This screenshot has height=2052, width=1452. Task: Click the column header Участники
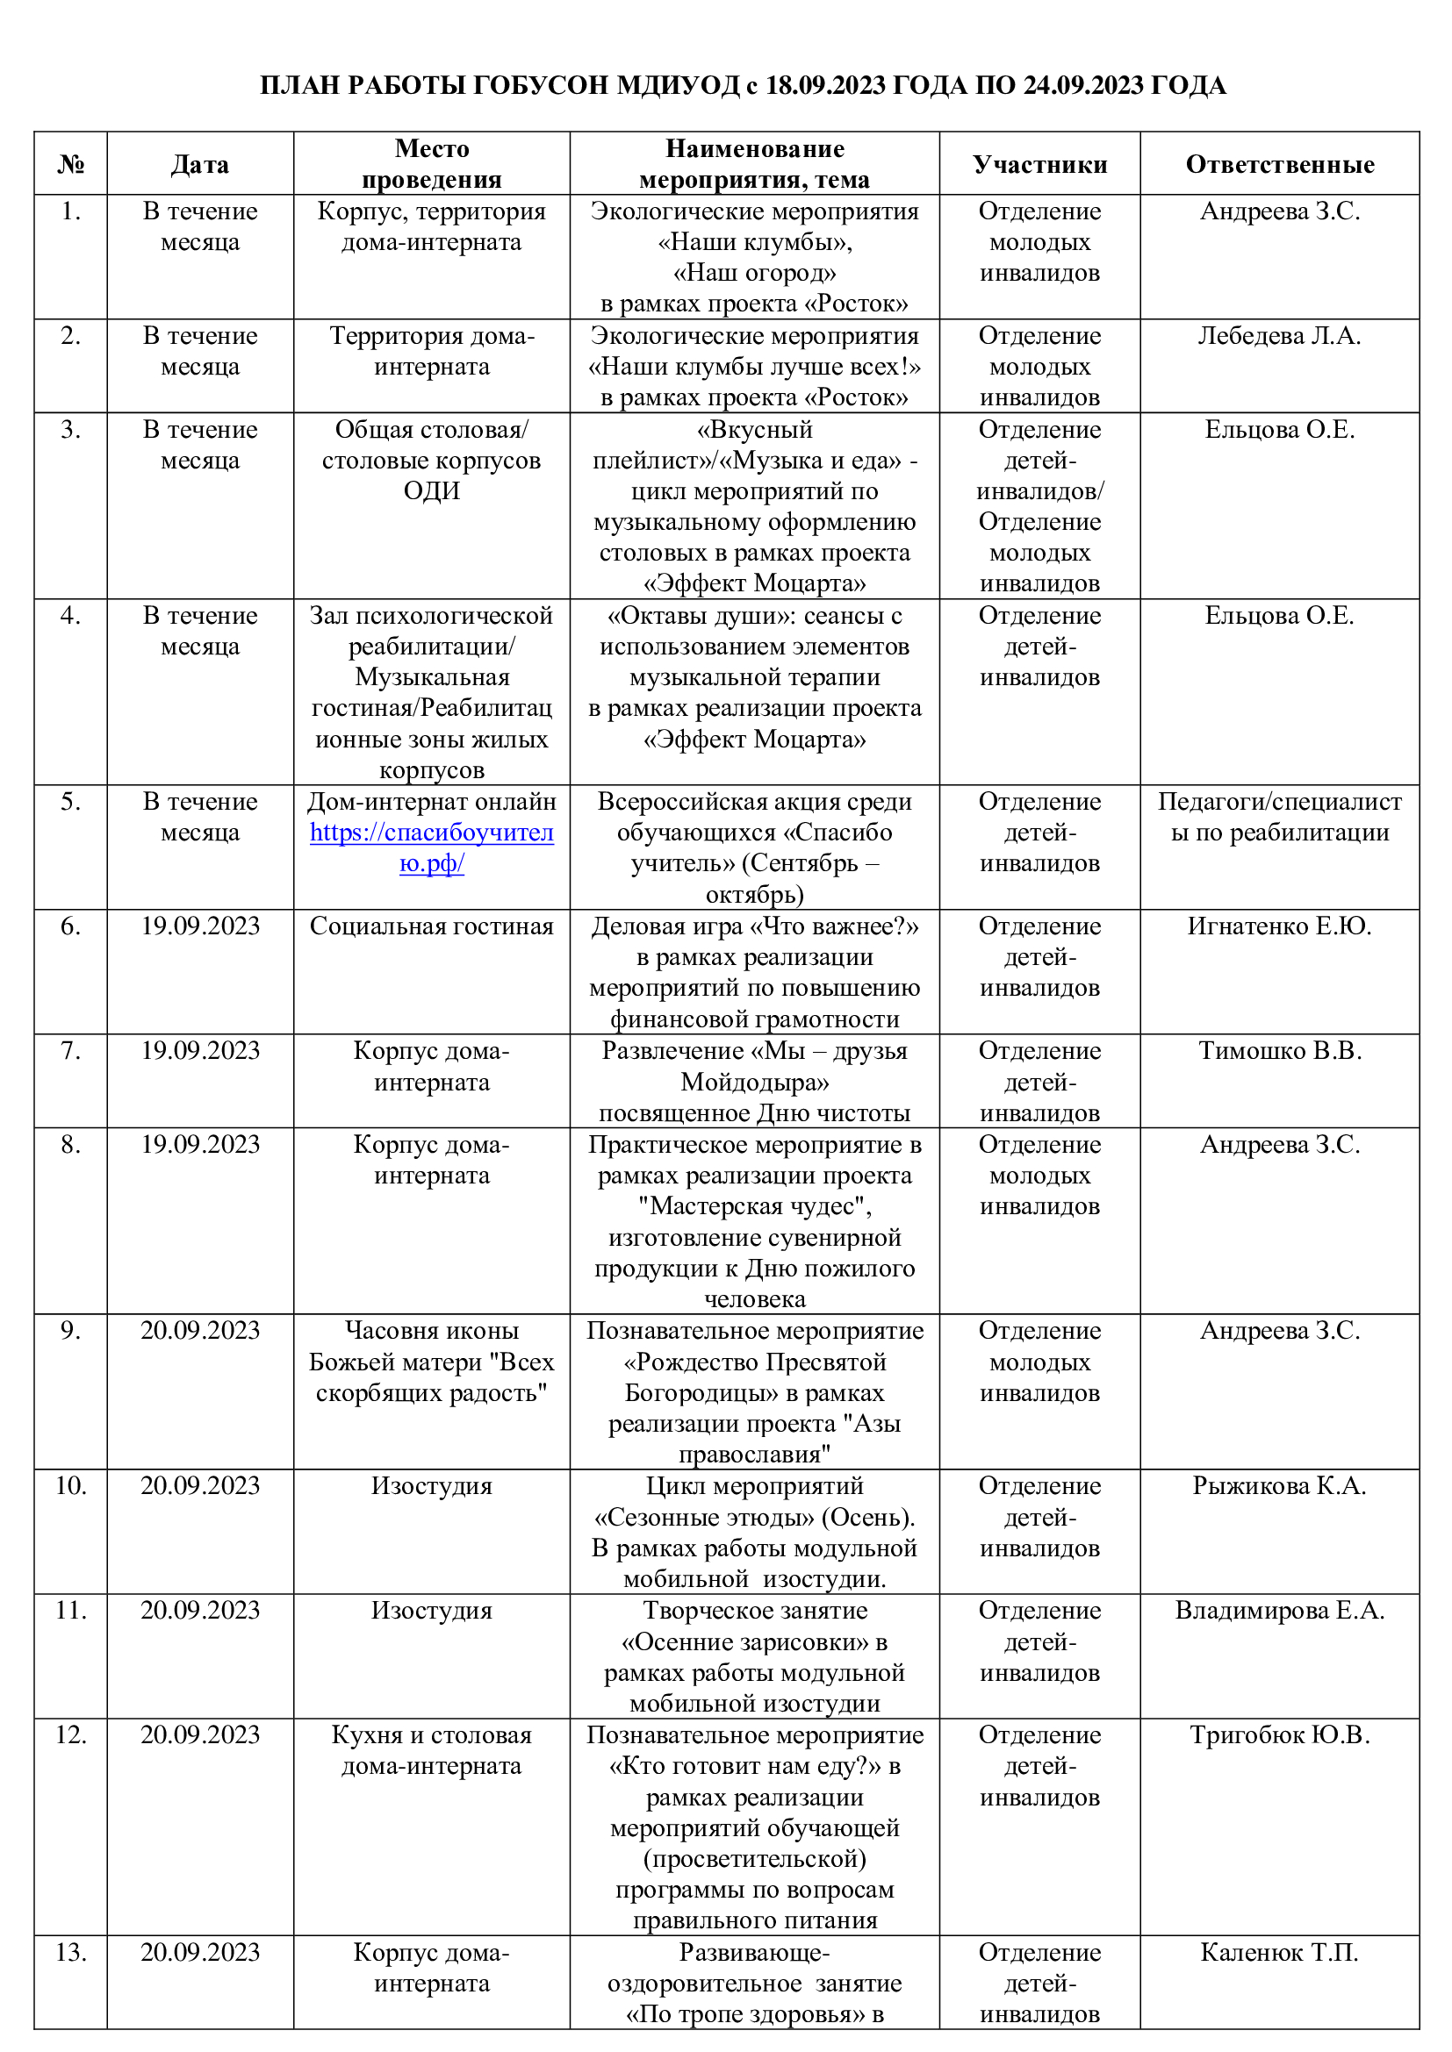[x=1039, y=164]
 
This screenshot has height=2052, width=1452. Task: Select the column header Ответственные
[x=1279, y=164]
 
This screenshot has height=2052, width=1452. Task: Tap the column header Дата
[x=200, y=164]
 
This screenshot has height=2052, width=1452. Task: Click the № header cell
[x=70, y=164]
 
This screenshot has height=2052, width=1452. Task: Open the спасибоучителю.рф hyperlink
[x=432, y=847]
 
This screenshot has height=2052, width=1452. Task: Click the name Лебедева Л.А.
[x=1279, y=336]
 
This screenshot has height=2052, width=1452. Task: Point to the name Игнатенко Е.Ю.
[x=1279, y=926]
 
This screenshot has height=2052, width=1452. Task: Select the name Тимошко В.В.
[x=1279, y=1051]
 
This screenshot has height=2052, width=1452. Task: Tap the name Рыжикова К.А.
[x=1279, y=1486]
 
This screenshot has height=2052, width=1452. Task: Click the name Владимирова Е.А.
[x=1279, y=1611]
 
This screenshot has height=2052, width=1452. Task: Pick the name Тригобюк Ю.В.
[x=1279, y=1734]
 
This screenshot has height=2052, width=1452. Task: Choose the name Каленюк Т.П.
[x=1279, y=1953]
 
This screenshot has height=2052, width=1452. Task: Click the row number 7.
[x=70, y=1051]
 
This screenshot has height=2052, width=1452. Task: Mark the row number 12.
[x=70, y=1734]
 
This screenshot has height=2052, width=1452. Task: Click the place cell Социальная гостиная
[x=432, y=926]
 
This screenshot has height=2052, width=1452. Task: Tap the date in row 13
[x=200, y=1953]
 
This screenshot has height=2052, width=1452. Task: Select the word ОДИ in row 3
[x=432, y=490]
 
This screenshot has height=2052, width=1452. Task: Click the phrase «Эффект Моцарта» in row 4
[x=755, y=739]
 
